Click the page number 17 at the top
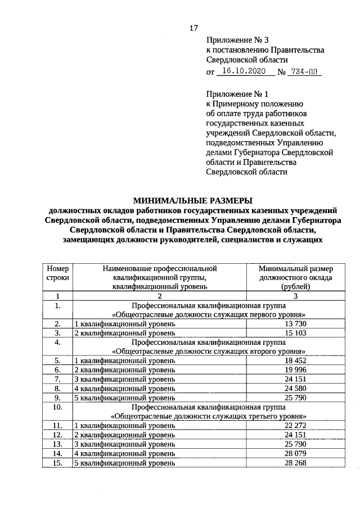(193, 28)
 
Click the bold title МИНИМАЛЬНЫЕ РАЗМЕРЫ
(193, 200)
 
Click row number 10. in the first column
(58, 407)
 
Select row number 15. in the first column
(58, 462)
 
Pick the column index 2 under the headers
(160, 296)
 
